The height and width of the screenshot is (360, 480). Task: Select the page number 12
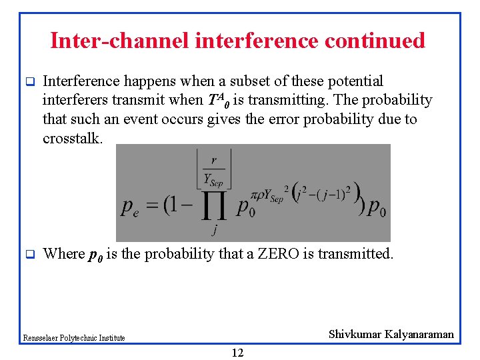237,353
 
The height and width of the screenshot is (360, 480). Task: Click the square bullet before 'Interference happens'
29,82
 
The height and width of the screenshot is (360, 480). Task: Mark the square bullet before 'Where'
29,254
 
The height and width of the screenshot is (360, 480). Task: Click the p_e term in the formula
131,207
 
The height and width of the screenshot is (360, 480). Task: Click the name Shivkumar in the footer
355,334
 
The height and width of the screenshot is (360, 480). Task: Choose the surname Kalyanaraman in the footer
419,334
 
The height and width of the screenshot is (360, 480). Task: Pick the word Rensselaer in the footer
40,338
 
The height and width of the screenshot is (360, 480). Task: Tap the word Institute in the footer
112,338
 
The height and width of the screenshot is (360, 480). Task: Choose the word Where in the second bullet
63,254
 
